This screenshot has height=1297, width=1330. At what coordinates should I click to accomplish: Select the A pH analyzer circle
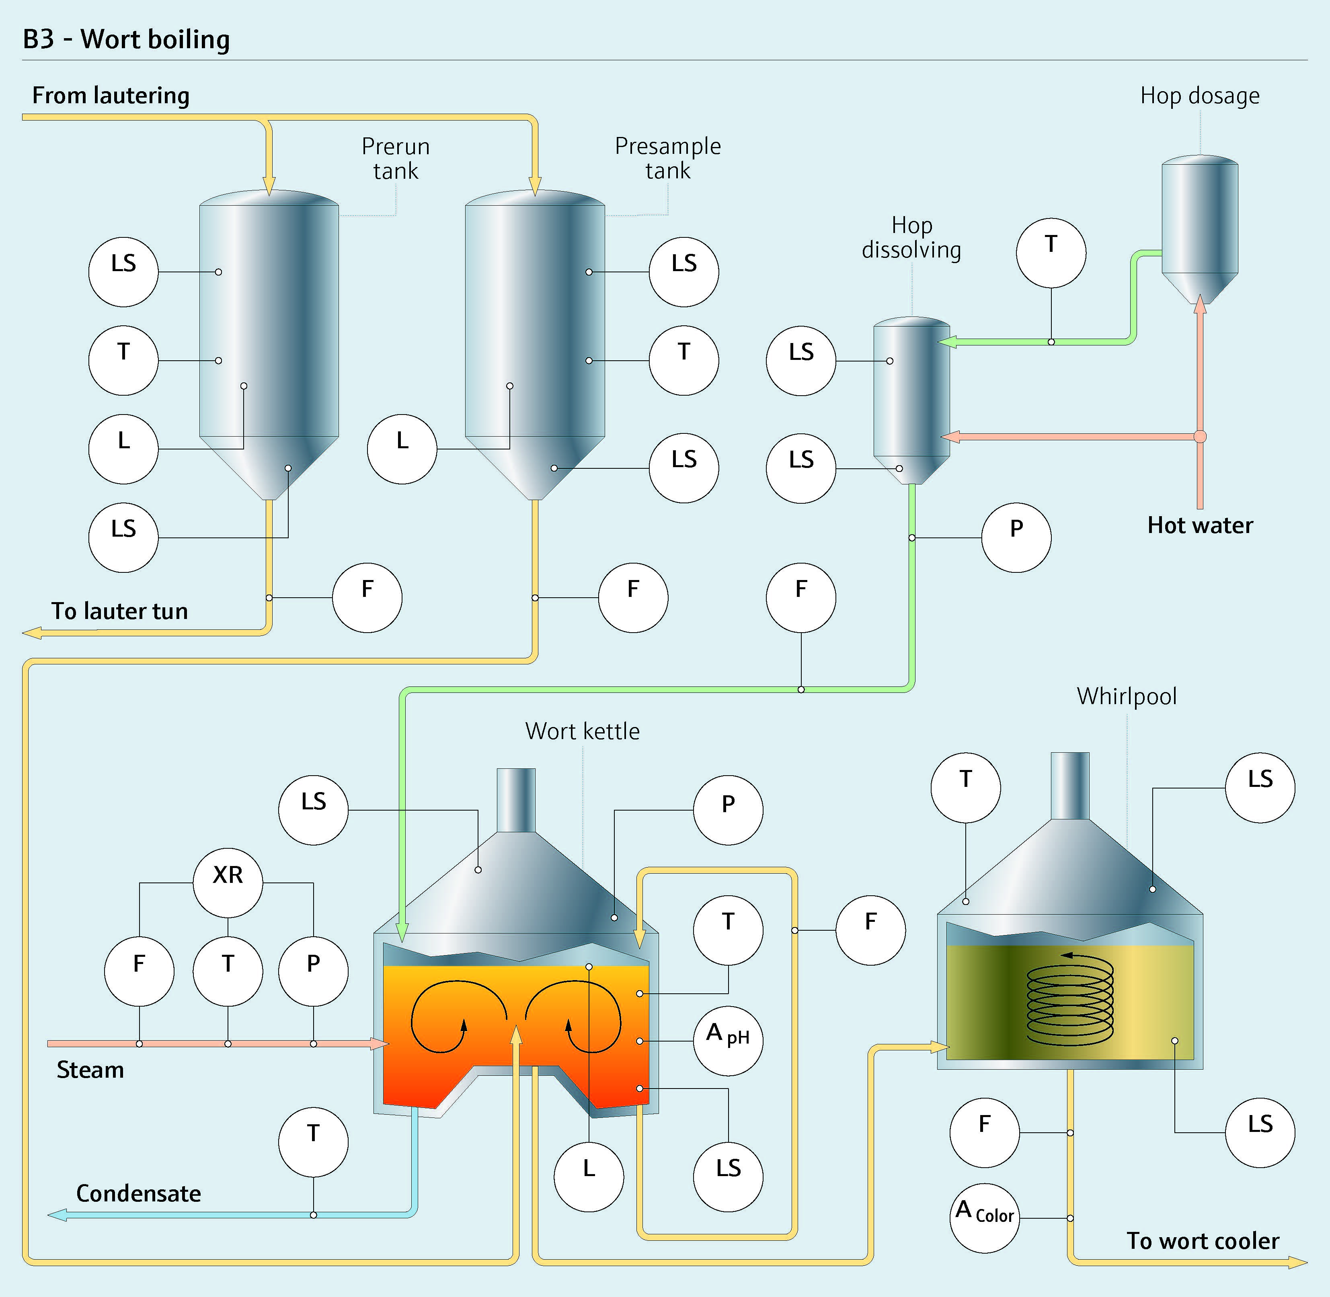point(728,1041)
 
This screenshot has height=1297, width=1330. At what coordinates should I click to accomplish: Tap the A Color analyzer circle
point(984,1218)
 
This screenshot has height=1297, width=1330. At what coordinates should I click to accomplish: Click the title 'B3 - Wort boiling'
point(126,39)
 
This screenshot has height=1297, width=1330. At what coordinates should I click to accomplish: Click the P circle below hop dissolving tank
point(1016,537)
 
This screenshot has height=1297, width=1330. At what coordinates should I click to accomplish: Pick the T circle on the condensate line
point(314,1142)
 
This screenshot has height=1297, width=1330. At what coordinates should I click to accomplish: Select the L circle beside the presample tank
point(402,449)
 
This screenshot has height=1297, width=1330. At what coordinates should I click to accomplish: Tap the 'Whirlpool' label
point(1127,696)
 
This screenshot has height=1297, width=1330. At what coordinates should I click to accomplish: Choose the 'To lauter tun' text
point(120,611)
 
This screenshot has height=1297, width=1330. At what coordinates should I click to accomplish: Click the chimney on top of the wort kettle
point(516,801)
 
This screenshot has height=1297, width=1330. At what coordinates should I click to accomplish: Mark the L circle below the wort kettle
point(589,1178)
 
